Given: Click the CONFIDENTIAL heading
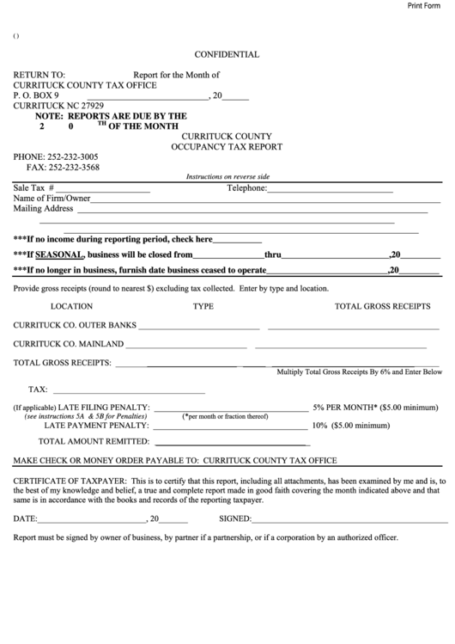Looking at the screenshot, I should point(227,54).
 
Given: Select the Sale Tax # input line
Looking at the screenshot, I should point(103,190).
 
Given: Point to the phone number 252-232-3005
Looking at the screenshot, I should point(74,156).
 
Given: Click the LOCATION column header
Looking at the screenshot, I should point(72,306).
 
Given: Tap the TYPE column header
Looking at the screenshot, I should point(203,306).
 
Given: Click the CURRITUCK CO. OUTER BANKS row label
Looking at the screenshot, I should point(74,326).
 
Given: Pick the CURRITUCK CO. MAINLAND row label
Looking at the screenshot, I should point(69,344).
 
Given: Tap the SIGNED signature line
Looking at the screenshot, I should point(349,521).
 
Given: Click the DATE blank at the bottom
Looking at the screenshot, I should point(92,521).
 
